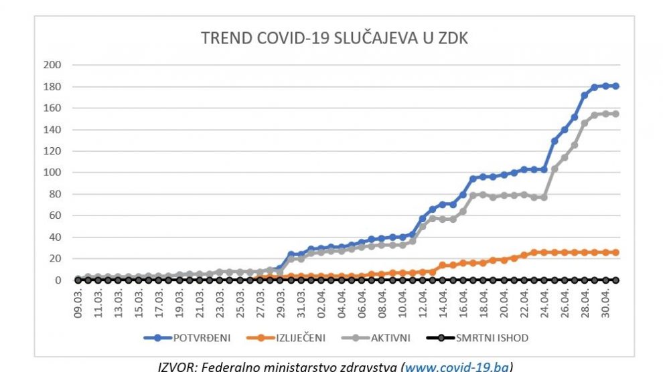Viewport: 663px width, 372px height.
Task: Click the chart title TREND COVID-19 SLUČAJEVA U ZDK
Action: (335, 38)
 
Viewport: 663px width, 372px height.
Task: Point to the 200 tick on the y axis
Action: (52, 65)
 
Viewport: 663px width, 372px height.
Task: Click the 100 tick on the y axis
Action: (52, 173)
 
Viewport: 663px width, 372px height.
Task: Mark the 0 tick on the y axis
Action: (58, 280)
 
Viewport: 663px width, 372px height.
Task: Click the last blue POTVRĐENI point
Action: (615, 86)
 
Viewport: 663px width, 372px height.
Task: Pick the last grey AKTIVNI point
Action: (615, 114)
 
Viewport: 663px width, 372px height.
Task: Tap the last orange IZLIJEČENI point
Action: (615, 252)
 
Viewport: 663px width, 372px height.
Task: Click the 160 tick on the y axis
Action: (52, 108)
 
